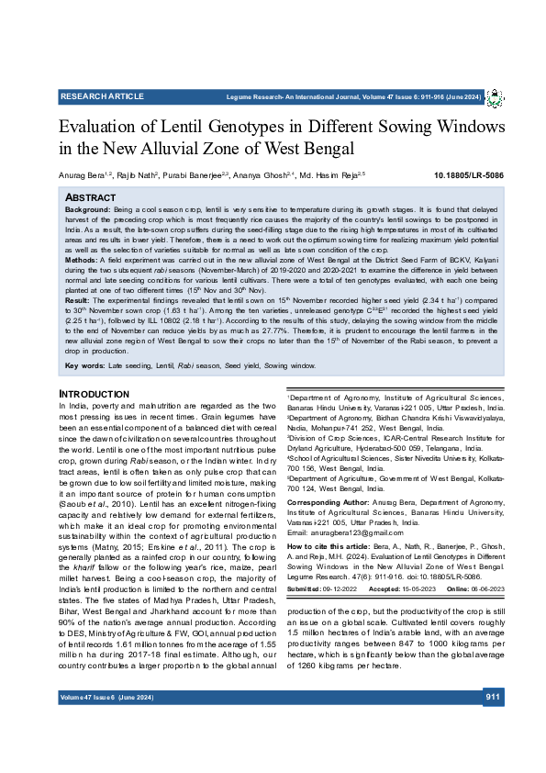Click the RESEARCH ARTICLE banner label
tap(96, 96)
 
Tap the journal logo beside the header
tap(494, 97)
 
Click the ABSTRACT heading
tap(90, 197)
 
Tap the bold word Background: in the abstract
tap(88, 210)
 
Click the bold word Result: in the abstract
tap(78, 299)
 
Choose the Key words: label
tap(84, 365)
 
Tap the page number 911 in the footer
tap(493, 723)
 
